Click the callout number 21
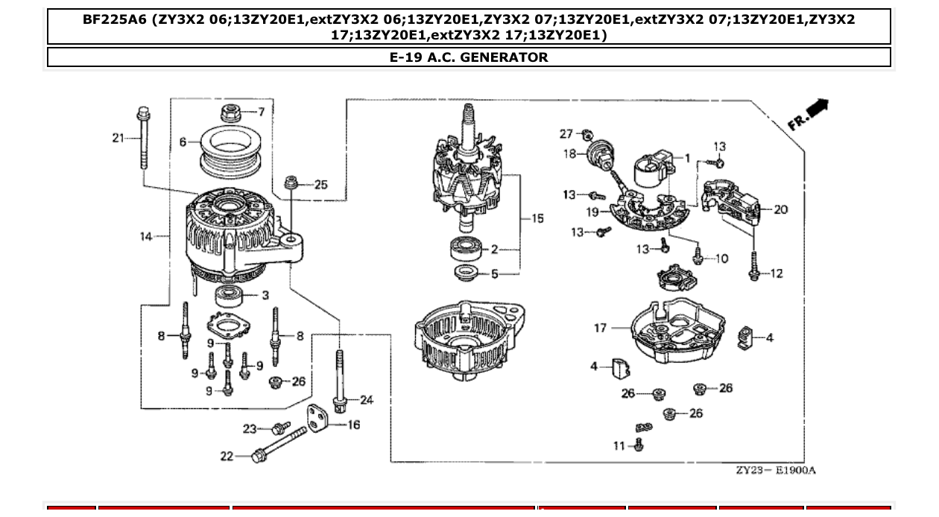tap(118, 138)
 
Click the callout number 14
tap(146, 237)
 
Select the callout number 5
tap(495, 275)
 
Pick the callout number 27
tap(566, 134)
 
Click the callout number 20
tap(780, 210)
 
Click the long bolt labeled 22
tap(280, 445)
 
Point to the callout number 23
tap(249, 428)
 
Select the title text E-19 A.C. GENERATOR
tap(469, 57)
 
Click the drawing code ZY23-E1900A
tap(775, 470)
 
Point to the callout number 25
tap(320, 185)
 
